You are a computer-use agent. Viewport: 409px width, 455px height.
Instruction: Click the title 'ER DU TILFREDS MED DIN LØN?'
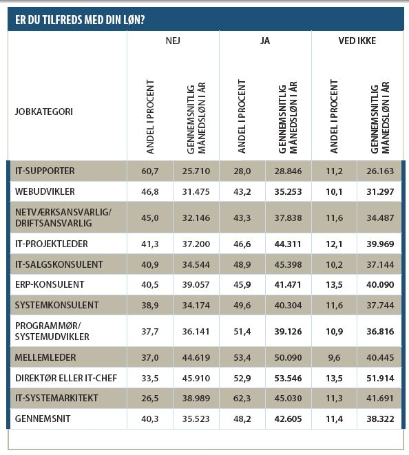80,20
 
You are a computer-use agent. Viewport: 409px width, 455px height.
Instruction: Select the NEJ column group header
173,41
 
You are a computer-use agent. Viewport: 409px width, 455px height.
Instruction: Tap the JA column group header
265,41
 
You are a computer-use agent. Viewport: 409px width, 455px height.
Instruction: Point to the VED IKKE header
357,41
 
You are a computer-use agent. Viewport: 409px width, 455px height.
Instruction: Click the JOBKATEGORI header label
44,112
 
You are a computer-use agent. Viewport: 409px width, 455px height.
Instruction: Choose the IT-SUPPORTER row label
45,171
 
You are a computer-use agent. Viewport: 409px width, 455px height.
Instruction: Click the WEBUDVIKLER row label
45,191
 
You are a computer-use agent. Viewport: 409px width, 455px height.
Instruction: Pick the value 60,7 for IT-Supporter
150,171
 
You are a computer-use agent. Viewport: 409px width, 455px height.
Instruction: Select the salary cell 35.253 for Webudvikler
289,192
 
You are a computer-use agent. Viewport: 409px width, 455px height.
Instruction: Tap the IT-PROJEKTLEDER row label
52,244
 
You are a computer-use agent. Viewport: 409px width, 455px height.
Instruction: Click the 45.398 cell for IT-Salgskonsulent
289,264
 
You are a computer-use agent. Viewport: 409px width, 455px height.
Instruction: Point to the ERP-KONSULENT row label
50,284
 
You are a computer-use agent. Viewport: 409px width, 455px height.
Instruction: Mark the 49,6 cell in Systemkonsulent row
242,305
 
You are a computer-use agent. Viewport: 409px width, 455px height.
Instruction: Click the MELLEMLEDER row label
45,357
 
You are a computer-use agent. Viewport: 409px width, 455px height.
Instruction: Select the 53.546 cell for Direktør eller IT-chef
289,379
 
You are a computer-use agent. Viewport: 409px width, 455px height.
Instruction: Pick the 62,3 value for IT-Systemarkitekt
242,398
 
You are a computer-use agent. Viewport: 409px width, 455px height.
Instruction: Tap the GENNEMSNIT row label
43,419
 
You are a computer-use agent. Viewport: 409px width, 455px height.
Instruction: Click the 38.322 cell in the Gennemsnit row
380,419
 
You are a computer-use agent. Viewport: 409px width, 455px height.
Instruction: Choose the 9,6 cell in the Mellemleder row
334,357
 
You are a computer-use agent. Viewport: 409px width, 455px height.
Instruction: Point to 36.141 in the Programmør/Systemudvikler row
196,331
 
